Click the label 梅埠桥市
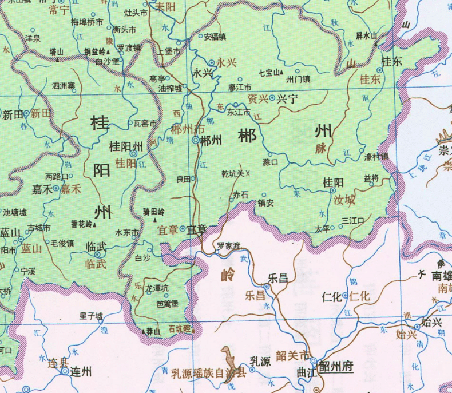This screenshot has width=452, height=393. point(87,22)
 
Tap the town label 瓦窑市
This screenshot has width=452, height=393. point(145,122)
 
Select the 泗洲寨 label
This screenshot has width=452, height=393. point(64,86)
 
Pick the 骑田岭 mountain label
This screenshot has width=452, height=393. point(154,212)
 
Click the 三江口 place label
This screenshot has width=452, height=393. point(352,220)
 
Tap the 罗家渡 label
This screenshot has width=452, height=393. point(228,246)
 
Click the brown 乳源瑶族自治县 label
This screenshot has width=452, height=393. point(208,373)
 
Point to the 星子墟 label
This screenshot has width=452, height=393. point(91,316)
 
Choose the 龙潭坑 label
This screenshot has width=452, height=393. point(157,288)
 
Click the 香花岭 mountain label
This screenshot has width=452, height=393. point(81,224)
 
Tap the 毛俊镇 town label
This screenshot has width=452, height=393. point(62,243)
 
